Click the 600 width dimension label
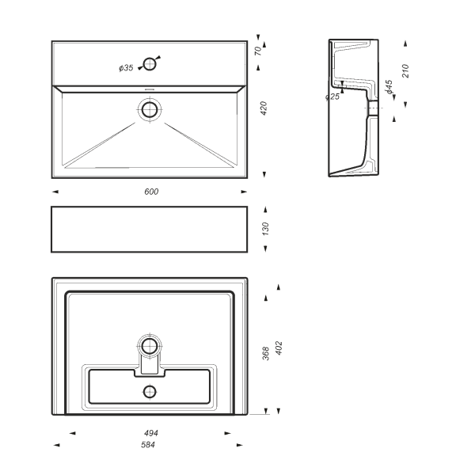151,192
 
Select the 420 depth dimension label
264,108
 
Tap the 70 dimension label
258,51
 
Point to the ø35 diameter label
126,68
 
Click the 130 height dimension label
265,229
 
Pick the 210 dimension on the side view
405,71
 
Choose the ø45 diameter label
389,87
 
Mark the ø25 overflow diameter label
332,97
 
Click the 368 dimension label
266,353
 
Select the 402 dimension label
279,348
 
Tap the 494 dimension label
151,433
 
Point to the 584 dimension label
148,445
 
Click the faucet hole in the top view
150,64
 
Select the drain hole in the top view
150,109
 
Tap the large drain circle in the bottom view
150,346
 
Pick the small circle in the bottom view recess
150,392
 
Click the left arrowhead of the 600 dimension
55,192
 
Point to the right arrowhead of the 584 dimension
240,445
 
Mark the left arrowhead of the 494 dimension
72,433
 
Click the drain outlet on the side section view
373,108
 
